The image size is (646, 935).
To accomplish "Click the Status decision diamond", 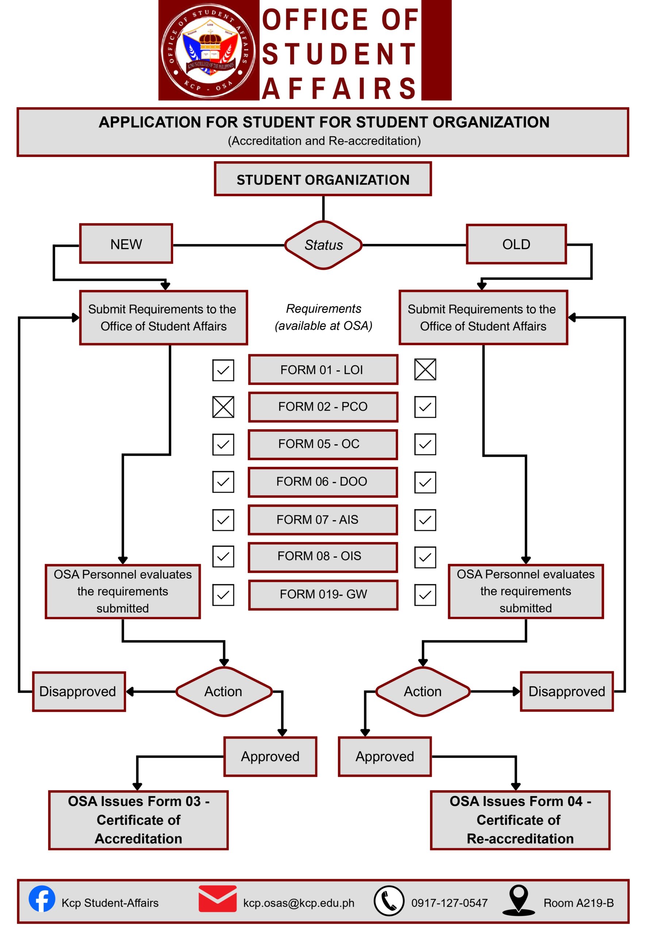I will [x=323, y=245].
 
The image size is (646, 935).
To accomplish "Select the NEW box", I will [x=126, y=244].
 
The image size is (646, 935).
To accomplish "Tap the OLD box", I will [x=516, y=244].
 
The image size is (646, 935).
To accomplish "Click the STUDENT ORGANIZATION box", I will [x=323, y=179].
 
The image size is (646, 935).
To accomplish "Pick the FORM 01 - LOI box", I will [x=323, y=370].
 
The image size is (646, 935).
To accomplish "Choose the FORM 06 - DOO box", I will [x=323, y=481].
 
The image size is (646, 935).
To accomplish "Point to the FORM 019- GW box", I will [x=323, y=594].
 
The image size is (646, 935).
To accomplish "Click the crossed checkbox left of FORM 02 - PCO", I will [x=223, y=407].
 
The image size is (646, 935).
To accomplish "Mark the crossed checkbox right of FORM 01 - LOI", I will [x=425, y=369].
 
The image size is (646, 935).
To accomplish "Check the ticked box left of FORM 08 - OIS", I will [x=223, y=556].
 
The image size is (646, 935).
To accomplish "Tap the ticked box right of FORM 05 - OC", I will [x=425, y=444].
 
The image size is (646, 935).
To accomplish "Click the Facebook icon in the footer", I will [x=42, y=899].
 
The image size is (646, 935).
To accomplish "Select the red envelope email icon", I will [x=218, y=898].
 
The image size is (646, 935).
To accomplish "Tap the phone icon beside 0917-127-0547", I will [x=389, y=901].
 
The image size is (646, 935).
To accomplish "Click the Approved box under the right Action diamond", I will [x=385, y=756].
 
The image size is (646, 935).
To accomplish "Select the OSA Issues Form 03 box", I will [x=138, y=820].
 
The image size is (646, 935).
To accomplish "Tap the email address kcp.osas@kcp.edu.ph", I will [x=299, y=903].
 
